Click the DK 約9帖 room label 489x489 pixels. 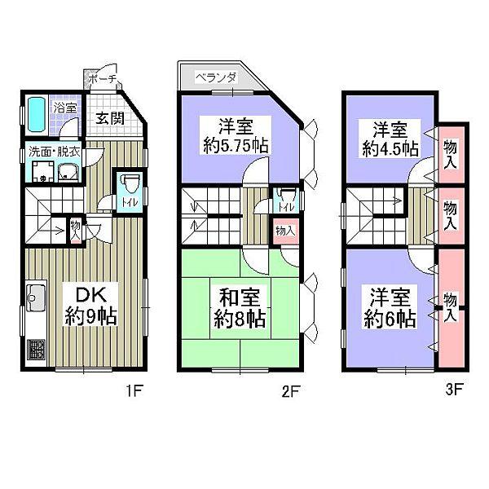(x=91, y=304)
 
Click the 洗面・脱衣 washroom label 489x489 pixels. (x=54, y=152)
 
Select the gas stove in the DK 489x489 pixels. (x=37, y=350)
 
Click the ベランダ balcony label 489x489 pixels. (x=216, y=78)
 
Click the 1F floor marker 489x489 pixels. (x=134, y=390)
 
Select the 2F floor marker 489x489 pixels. (x=292, y=390)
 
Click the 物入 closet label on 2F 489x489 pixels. (x=283, y=231)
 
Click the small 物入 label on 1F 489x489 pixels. (x=74, y=226)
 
